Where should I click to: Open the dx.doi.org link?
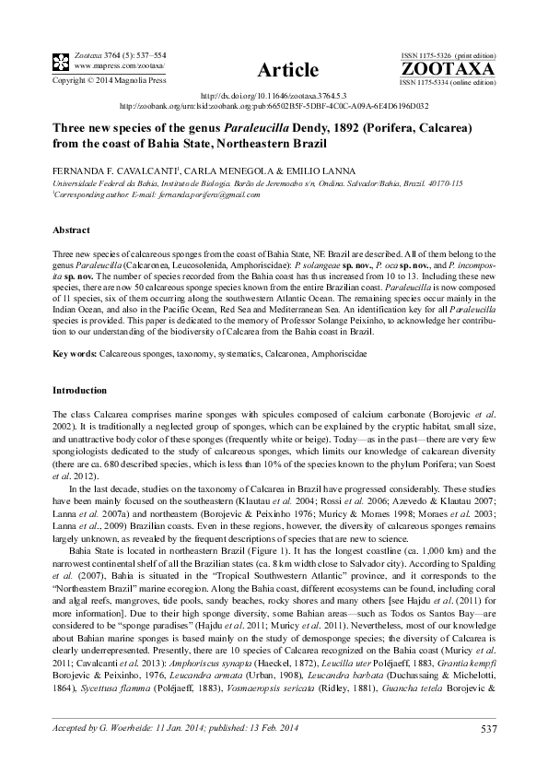pyautogui.click(x=274, y=96)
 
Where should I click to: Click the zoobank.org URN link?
pyautogui.click(x=274, y=105)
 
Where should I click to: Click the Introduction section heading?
pyautogui.click(x=81, y=391)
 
